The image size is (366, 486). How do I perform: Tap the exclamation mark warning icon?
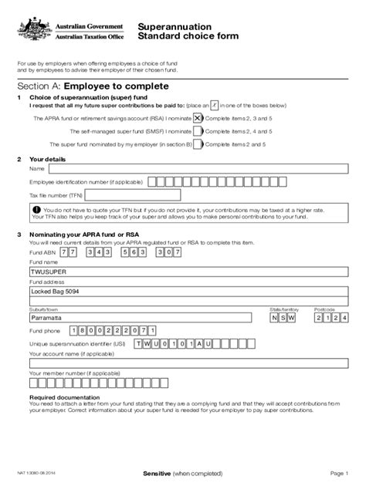point(36,209)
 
